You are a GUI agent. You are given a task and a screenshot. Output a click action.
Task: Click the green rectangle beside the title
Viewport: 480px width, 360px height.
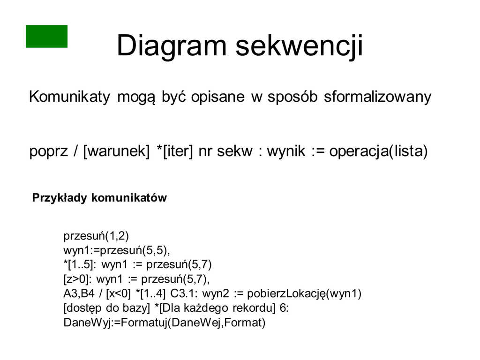click(46, 36)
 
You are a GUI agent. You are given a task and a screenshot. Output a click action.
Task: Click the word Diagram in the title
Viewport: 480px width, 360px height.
click(172, 46)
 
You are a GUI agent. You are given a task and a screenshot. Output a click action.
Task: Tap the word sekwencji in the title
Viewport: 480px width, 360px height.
click(300, 46)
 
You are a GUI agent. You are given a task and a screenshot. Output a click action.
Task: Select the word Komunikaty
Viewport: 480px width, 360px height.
click(69, 97)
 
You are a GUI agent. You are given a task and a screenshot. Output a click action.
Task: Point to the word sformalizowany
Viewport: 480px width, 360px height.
click(377, 97)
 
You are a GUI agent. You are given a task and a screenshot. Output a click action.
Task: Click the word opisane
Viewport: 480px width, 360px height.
click(218, 97)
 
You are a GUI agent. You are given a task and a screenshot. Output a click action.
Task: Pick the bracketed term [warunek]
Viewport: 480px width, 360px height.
click(116, 151)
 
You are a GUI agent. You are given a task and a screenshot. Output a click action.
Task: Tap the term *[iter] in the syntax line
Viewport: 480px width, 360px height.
click(175, 151)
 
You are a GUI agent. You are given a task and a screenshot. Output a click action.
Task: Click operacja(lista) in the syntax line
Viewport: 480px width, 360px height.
click(378, 151)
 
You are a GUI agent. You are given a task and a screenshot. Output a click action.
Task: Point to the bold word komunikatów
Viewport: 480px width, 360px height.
click(129, 198)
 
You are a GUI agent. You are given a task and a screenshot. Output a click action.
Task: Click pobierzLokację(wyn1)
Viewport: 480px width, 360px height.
click(304, 293)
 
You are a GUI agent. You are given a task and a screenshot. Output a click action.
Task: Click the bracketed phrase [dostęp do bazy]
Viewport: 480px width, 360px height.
click(106, 308)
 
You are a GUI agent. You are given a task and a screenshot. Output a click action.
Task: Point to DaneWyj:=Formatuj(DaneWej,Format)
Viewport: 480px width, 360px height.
click(165, 322)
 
